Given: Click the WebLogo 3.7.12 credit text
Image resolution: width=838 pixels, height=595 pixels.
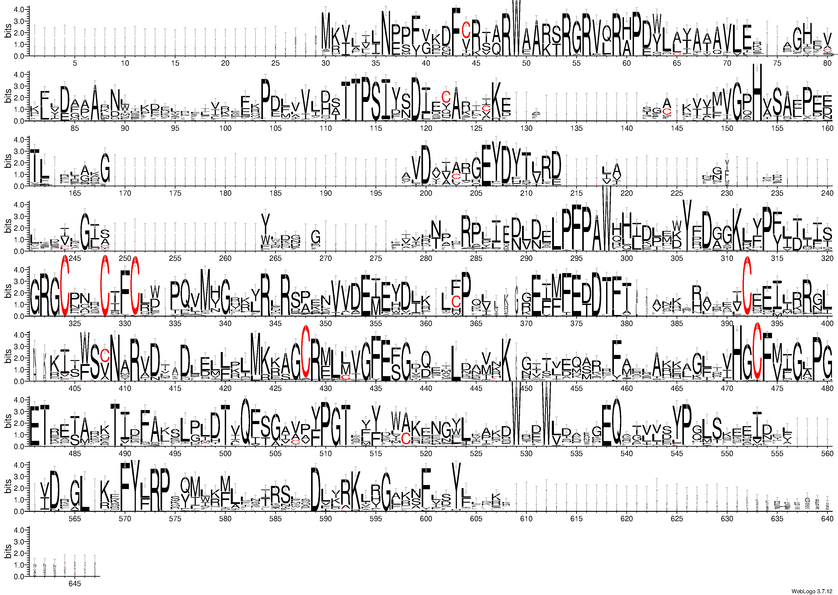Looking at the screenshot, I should [x=813, y=591].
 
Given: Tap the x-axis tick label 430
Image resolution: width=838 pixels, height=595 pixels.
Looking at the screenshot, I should [x=326, y=388].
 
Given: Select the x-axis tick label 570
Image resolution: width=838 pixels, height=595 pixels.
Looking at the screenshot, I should [x=125, y=519].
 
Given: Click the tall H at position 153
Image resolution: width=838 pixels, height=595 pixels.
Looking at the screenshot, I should [x=757, y=92].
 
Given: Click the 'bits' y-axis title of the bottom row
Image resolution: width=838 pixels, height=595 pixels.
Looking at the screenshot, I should [x=8, y=551].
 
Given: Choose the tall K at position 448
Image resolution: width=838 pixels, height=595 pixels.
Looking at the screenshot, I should [x=506, y=357].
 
